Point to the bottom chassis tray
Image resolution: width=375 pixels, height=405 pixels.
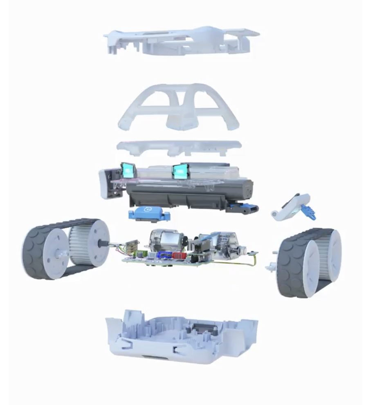182,335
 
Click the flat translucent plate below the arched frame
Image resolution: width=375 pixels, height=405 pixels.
179,147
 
